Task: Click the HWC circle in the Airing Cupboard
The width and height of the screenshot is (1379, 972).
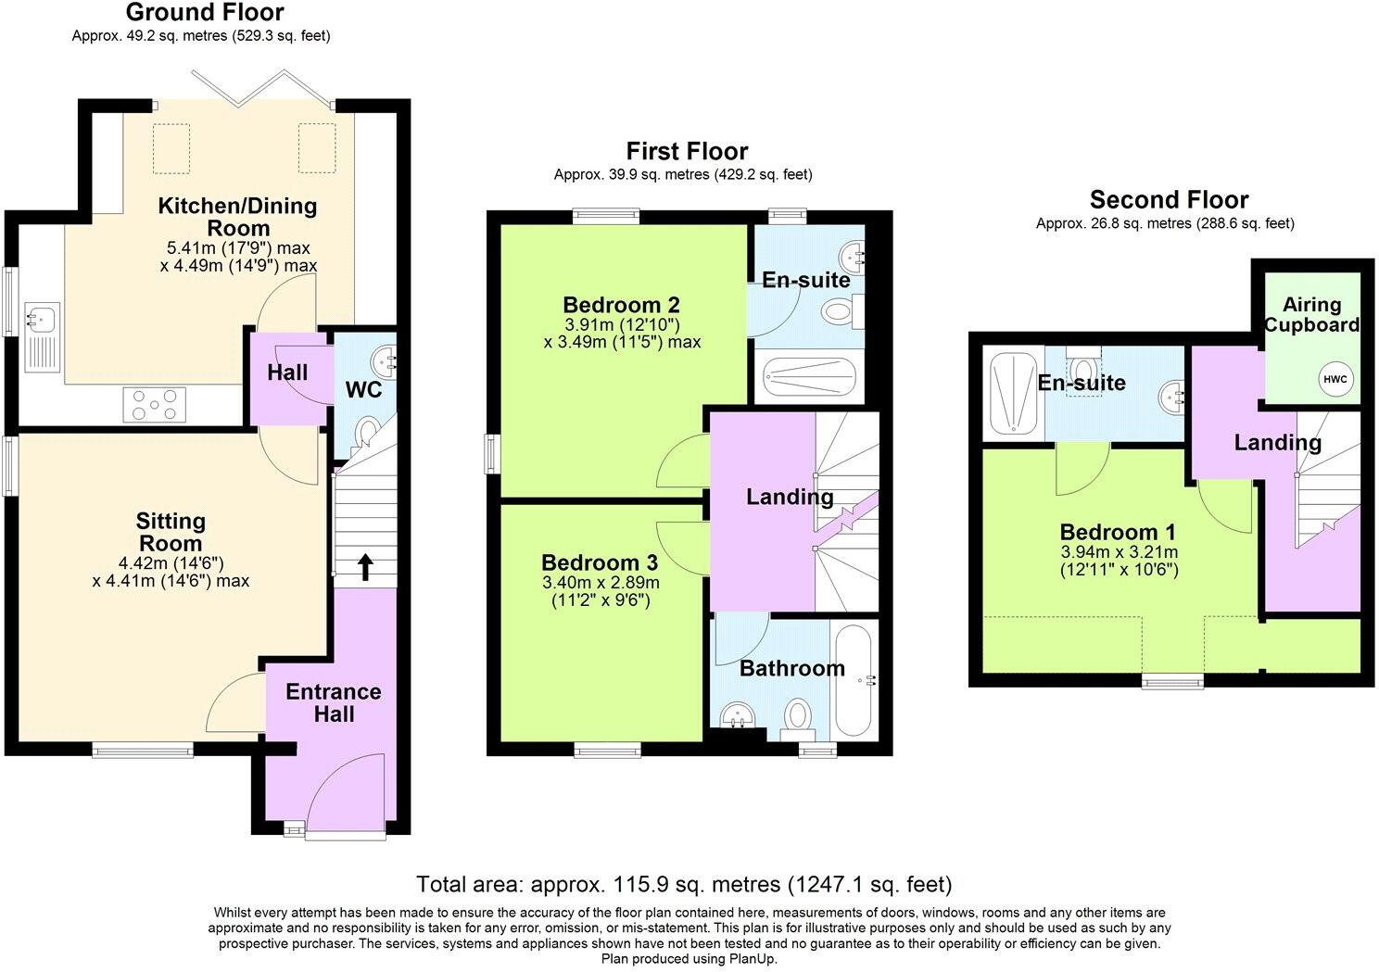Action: coord(1335,379)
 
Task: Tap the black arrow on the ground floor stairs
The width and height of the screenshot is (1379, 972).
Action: coord(365,566)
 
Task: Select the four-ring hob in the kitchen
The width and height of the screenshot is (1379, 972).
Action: coord(154,404)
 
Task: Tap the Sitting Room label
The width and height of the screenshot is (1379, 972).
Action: coord(171,532)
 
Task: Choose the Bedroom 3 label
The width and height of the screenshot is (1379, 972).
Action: coord(600,562)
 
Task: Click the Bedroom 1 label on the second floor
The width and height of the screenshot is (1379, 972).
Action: coord(1118,532)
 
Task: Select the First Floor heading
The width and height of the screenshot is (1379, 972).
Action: coord(687,151)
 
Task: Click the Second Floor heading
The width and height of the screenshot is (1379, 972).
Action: coord(1169,199)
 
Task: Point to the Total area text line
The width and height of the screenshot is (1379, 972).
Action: coord(684,884)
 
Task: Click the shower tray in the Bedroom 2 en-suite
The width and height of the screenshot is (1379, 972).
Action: coord(808,378)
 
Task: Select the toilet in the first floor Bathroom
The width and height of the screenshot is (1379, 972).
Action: coord(797,716)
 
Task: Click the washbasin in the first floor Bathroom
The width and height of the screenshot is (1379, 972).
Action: coord(740,718)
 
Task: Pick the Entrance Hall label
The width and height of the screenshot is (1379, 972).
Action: coord(333,702)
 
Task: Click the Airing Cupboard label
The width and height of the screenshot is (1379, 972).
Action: coord(1311,314)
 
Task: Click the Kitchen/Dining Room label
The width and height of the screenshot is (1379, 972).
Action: coord(237,216)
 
